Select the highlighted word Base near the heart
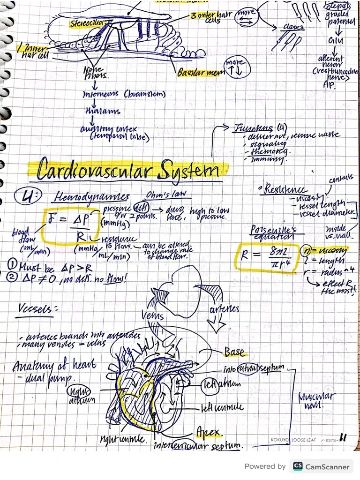(x=234, y=352)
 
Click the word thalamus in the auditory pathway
(x=103, y=112)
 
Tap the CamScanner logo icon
(x=298, y=466)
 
